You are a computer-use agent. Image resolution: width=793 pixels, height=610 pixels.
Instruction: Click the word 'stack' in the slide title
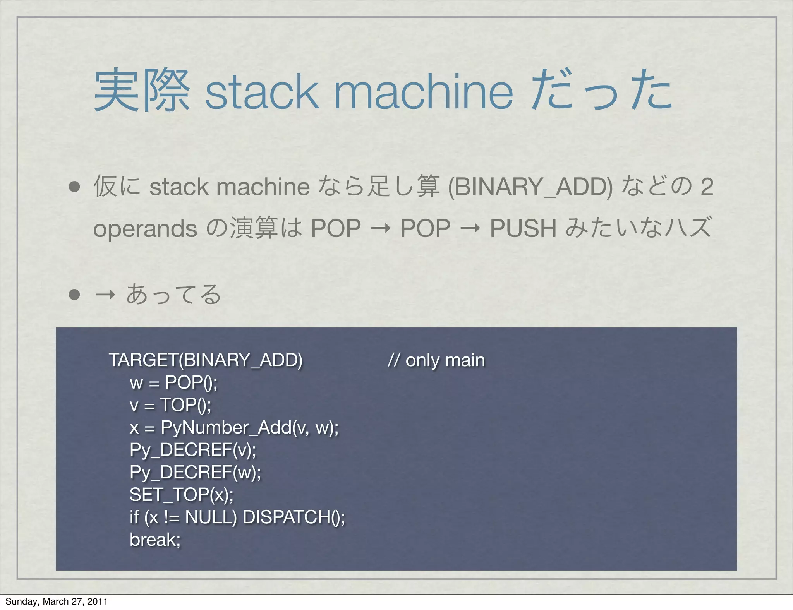click(x=262, y=91)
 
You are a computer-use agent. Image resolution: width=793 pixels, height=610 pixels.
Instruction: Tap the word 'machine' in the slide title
click(x=423, y=91)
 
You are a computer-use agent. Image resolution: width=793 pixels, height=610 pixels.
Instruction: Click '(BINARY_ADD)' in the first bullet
click(x=530, y=187)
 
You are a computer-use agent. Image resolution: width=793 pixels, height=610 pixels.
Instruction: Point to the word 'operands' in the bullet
click(x=145, y=228)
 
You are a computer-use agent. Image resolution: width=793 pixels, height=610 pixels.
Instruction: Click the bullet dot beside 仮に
click(x=74, y=187)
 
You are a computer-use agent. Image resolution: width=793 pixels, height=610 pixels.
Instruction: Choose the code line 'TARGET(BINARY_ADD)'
click(x=205, y=360)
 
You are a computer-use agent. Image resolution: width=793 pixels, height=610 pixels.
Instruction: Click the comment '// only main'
click(x=436, y=360)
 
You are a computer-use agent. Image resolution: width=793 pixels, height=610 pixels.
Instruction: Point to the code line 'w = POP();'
click(x=173, y=382)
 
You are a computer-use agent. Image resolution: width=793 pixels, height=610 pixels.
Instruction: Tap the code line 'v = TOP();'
click(x=170, y=405)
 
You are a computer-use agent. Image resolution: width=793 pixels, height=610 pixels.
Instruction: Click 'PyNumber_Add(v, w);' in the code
click(x=249, y=427)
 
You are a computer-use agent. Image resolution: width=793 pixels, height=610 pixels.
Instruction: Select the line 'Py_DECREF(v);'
click(x=193, y=450)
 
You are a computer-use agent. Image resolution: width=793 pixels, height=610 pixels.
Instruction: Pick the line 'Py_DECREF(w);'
click(x=195, y=472)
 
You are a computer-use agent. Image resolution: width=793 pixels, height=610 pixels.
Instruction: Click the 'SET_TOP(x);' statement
click(x=181, y=495)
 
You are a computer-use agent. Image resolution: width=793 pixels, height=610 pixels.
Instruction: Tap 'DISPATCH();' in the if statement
click(x=294, y=517)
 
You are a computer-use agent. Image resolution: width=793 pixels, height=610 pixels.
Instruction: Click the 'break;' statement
click(x=155, y=540)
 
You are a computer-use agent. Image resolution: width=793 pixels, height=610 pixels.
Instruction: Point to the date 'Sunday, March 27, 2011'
click(x=56, y=601)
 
